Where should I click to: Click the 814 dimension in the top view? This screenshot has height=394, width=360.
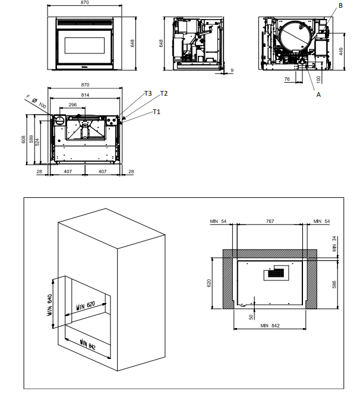[x=86, y=95]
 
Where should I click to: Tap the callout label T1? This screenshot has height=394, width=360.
[x=156, y=112]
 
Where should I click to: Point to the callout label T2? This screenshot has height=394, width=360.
[x=164, y=93]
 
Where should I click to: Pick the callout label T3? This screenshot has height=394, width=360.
[x=148, y=93]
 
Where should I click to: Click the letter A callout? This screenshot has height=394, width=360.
[x=318, y=94]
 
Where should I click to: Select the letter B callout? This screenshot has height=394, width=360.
[x=340, y=5]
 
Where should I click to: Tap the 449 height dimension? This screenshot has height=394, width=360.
[x=341, y=51]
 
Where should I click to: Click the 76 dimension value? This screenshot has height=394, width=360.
[x=288, y=78]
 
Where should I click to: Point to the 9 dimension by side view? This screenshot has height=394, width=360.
[x=232, y=71]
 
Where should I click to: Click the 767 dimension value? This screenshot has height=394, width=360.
[x=270, y=221]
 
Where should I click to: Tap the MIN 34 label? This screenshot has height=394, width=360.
[x=334, y=244]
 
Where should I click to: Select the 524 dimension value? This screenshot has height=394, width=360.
[x=37, y=142]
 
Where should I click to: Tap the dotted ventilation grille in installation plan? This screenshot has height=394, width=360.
[x=275, y=274]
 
